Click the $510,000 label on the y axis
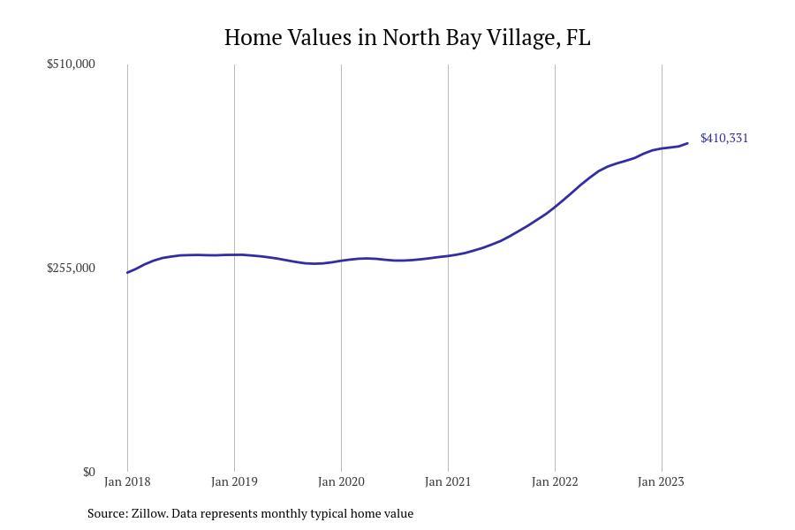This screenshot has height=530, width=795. (x=71, y=64)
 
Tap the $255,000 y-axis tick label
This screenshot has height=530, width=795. (x=71, y=268)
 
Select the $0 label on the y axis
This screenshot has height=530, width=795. (x=88, y=472)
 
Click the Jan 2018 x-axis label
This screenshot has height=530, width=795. (x=127, y=481)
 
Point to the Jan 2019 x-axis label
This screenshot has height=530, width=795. (x=234, y=481)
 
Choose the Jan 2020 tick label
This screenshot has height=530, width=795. (x=341, y=481)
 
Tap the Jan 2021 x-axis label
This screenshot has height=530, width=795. (x=448, y=481)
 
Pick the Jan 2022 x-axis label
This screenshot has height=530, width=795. (x=555, y=481)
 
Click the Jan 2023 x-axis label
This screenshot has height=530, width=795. (x=661, y=481)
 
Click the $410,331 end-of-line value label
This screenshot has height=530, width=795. (x=724, y=138)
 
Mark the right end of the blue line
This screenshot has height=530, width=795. (x=687, y=143)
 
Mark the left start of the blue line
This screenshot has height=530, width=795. (x=128, y=272)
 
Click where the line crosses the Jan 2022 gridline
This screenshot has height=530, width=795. (x=555, y=208)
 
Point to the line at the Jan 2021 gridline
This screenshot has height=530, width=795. (x=448, y=256)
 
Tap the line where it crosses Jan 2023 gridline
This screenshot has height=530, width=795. (x=662, y=148)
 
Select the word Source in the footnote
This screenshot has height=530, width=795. (x=106, y=513)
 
